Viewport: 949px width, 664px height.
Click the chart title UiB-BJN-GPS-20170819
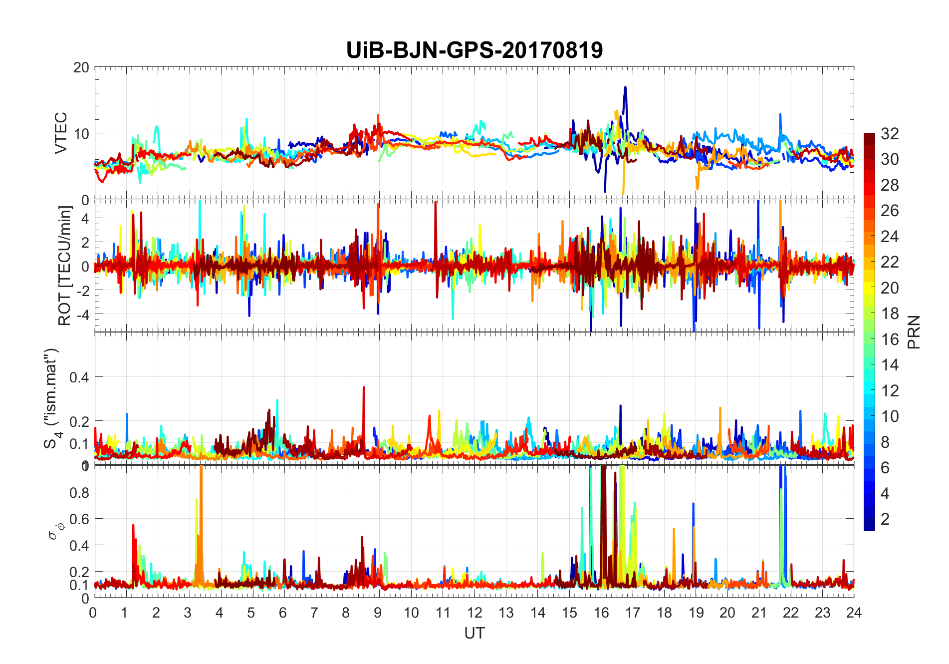point(474,50)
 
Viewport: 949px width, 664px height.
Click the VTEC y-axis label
point(60,133)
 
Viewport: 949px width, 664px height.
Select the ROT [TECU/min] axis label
point(65,266)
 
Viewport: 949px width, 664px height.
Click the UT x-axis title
point(474,633)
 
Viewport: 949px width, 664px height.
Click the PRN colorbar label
point(914,332)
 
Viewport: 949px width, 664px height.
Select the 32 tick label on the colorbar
point(890,133)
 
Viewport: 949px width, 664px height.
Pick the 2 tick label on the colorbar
point(885,519)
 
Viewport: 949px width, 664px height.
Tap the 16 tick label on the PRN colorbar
point(890,339)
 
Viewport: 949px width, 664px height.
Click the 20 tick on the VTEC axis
point(81,67)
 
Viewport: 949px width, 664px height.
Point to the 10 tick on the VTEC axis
point(81,133)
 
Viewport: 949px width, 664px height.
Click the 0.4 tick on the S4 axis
point(79,377)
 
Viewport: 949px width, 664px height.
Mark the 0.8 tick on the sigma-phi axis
point(79,492)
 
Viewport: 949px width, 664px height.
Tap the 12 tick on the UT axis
point(474,613)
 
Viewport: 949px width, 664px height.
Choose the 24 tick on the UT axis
point(854,613)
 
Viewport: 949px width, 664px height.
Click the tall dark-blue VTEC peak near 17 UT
point(625,88)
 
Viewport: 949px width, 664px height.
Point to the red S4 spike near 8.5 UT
point(364,388)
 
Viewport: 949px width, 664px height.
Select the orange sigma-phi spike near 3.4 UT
point(201,469)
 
